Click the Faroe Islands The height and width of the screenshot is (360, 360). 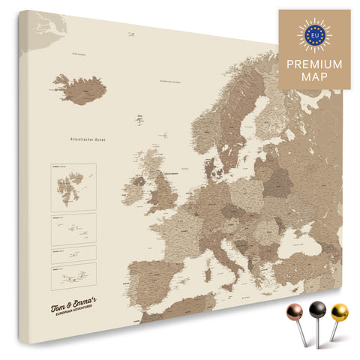(139, 119)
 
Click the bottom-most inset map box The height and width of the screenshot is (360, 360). (72, 277)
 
